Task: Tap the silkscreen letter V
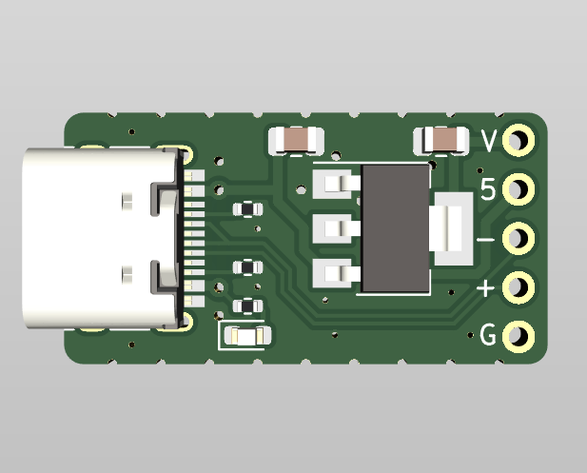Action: click(489, 141)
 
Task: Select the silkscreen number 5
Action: click(488, 189)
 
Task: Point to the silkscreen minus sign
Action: click(485, 239)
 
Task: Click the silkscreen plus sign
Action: click(485, 288)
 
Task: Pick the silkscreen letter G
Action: click(488, 334)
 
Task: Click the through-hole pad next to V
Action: click(519, 141)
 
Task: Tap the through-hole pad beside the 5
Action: click(519, 189)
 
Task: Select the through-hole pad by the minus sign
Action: click(519, 238)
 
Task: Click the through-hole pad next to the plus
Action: click(519, 287)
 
